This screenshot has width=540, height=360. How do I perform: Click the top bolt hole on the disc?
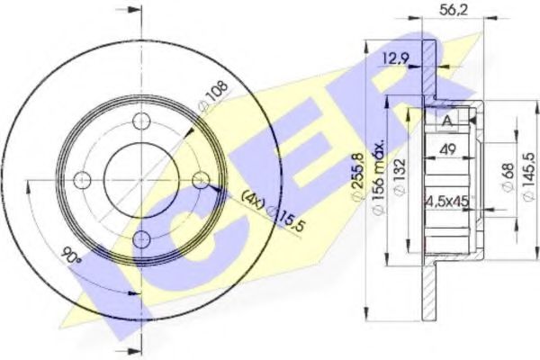[139, 123]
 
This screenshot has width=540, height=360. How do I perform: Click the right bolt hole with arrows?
[199, 181]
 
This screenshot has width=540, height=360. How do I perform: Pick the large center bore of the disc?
[139, 181]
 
